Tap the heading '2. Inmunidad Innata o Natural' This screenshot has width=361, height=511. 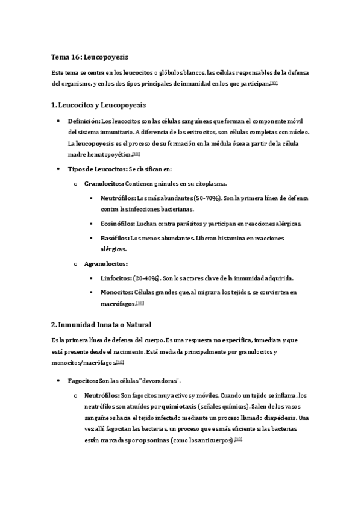[x=100, y=324]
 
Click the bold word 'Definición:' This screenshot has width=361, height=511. [x=84, y=121]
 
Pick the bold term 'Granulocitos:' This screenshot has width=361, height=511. [x=104, y=183]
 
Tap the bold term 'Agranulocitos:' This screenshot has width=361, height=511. [x=106, y=263]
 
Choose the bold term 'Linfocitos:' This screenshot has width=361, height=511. [x=116, y=278]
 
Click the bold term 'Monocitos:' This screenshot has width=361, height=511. [x=117, y=292]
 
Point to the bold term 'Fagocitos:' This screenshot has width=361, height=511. [x=83, y=381]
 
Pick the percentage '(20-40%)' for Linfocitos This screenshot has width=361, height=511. [x=148, y=278]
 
